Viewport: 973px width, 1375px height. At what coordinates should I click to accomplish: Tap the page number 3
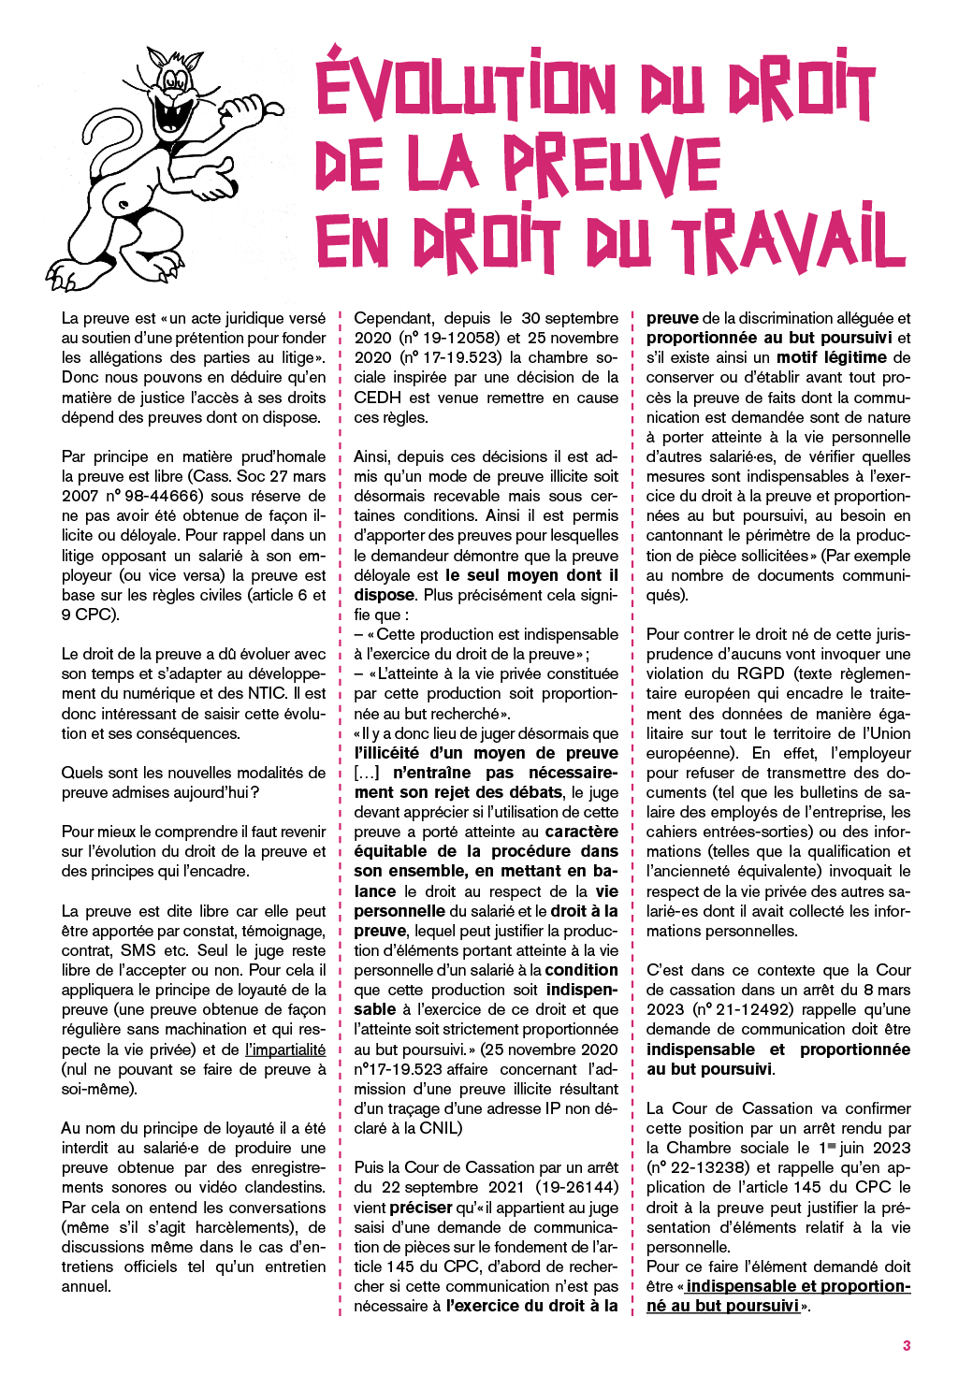coord(906,1345)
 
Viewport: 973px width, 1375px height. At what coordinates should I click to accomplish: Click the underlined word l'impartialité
coord(285,1049)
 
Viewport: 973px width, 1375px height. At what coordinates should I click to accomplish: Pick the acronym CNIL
coord(438,1128)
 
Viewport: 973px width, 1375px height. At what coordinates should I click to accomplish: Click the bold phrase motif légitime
coord(831,357)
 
